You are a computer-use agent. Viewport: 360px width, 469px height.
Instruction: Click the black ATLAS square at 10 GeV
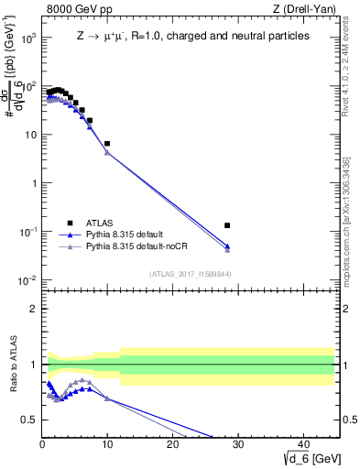tap(107, 144)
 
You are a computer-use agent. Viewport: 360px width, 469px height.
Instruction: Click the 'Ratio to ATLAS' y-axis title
tap(12, 364)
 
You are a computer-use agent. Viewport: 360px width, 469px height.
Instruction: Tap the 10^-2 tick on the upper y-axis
tap(27, 279)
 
